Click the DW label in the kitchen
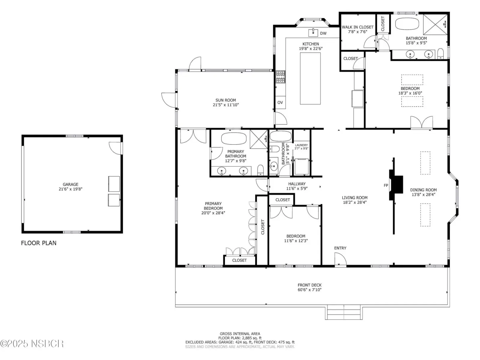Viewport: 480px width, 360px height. [323, 33]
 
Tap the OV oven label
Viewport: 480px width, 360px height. [280, 103]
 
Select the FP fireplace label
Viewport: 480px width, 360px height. [386, 185]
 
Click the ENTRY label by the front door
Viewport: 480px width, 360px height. [340, 248]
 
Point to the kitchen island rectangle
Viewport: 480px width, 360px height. [310, 78]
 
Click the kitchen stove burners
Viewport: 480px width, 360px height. [280, 77]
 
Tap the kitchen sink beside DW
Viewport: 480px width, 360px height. [313, 32]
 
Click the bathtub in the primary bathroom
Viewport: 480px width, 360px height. [234, 138]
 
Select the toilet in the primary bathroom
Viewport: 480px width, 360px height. [260, 170]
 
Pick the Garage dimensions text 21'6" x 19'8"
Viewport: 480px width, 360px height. [70, 189]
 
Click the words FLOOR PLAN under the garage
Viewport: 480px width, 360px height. [39, 243]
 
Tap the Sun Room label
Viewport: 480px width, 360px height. [226, 100]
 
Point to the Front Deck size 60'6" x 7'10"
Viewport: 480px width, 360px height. [309, 289]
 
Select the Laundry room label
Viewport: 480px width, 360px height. [301, 145]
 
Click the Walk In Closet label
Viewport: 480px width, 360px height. [358, 27]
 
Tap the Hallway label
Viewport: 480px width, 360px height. [297, 184]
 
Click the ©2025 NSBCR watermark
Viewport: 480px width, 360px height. [32, 343]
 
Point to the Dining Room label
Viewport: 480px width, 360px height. [423, 190]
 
